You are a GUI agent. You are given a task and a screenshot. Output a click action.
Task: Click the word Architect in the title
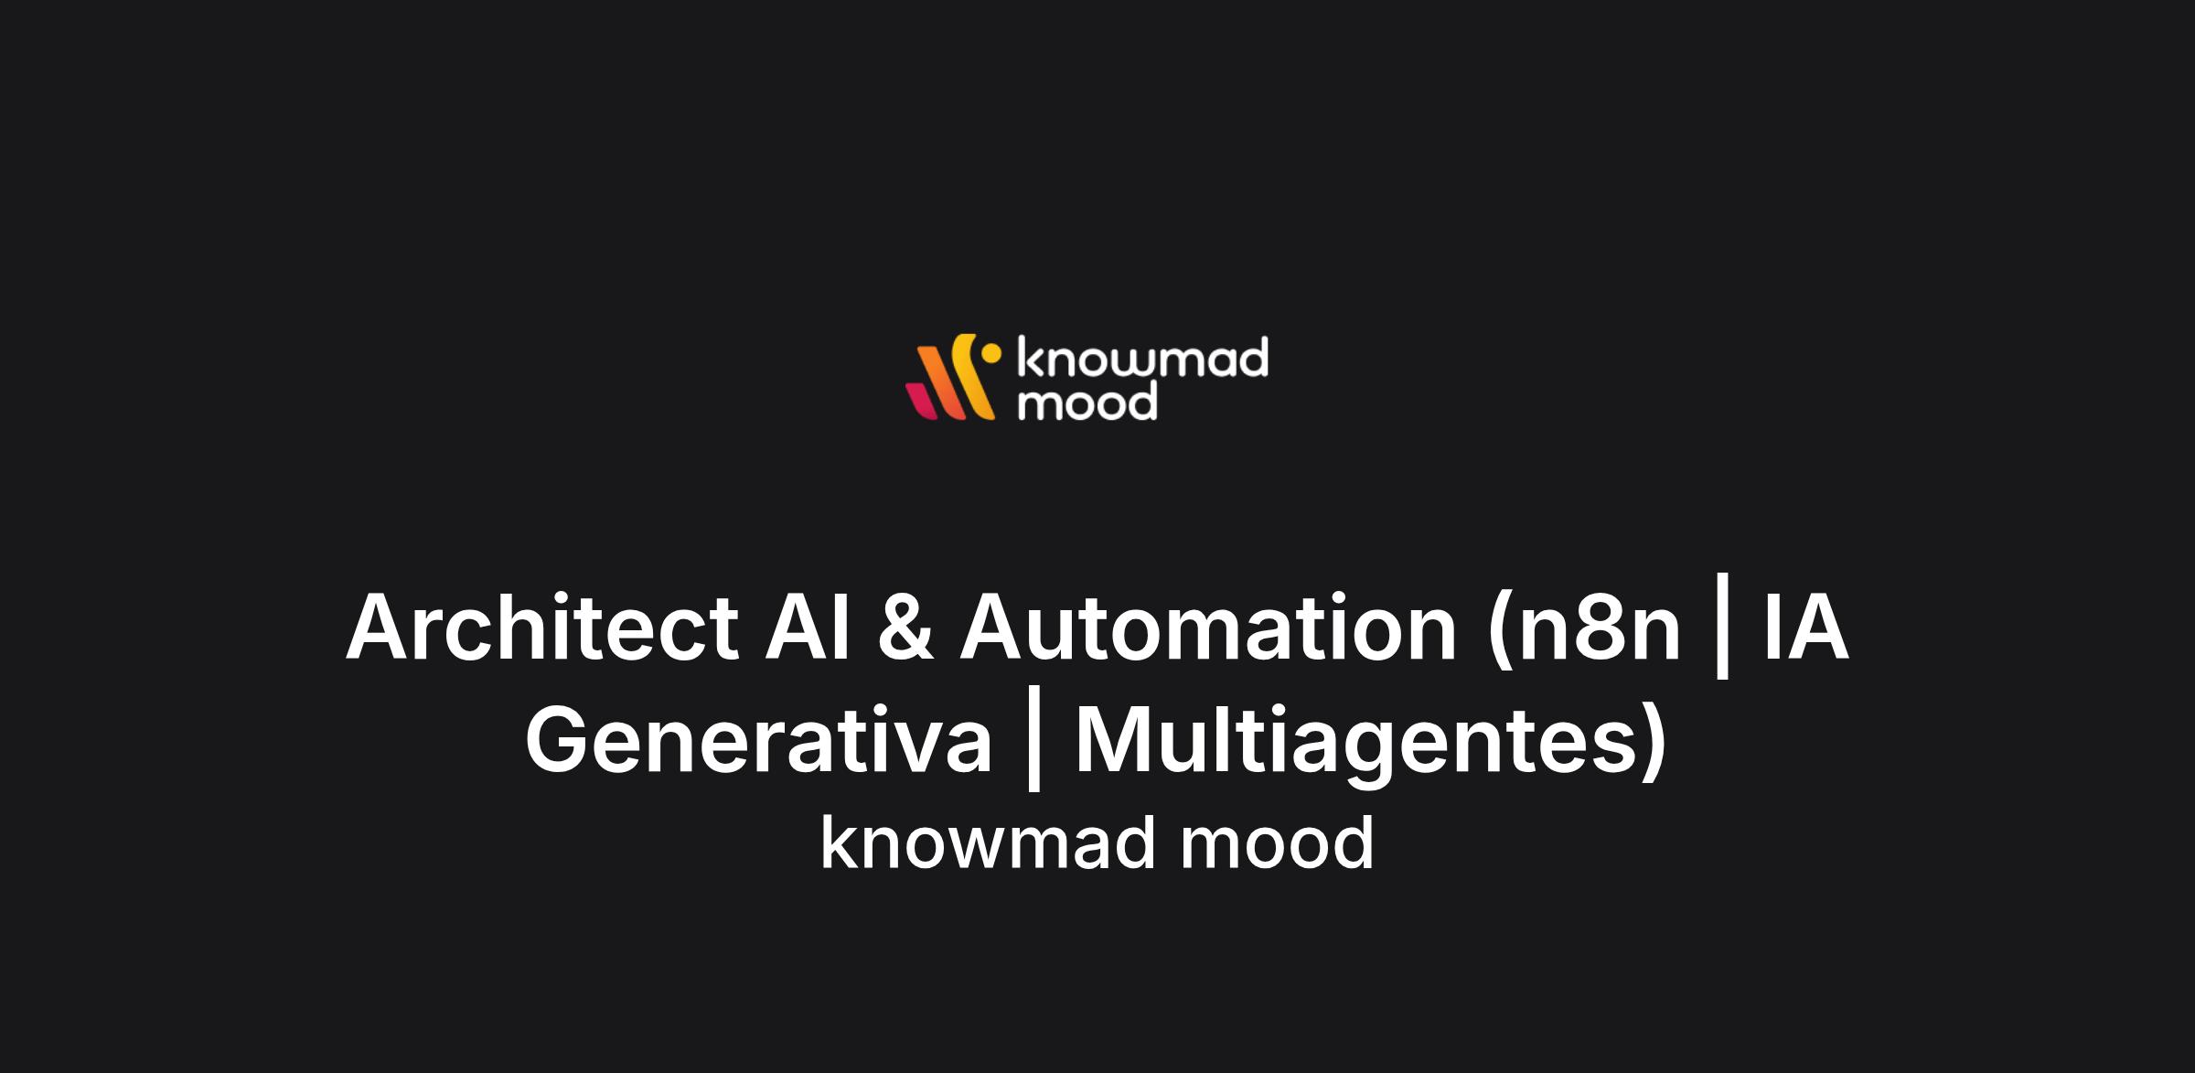(541, 628)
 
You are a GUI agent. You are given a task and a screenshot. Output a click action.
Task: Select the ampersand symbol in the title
(905, 628)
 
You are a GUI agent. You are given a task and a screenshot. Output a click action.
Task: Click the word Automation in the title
(1207, 628)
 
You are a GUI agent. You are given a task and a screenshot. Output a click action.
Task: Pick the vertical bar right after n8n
(1722, 628)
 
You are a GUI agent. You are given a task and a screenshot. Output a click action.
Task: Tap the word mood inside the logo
(1088, 402)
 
